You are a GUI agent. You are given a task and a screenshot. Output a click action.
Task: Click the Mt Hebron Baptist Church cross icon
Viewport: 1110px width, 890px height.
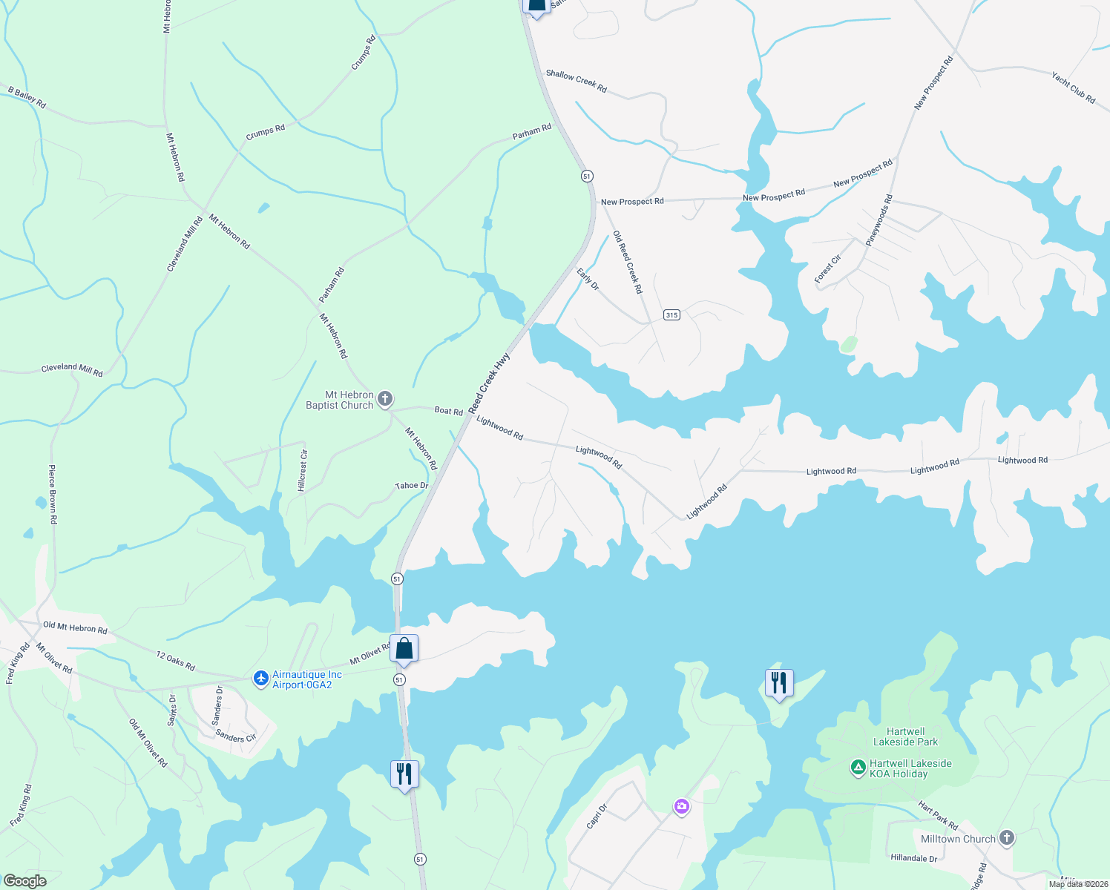click(x=384, y=400)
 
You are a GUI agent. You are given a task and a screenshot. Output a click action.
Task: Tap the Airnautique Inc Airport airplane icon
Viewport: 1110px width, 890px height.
click(x=260, y=679)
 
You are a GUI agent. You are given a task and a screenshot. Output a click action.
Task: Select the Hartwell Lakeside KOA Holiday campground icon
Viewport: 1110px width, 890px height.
click(x=858, y=768)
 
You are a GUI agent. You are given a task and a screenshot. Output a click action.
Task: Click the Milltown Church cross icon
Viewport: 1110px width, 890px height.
click(x=1006, y=838)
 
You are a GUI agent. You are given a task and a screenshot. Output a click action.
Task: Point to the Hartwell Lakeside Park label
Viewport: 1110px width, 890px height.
click(x=905, y=736)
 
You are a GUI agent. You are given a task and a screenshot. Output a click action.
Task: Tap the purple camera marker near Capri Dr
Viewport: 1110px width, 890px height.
click(x=682, y=806)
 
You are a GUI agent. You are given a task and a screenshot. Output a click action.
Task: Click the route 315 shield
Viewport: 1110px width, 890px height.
click(x=671, y=314)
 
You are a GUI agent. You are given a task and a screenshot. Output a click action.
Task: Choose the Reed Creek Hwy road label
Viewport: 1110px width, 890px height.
click(x=489, y=383)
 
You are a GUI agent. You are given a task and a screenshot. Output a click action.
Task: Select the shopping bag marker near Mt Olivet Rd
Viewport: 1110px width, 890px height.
click(x=404, y=649)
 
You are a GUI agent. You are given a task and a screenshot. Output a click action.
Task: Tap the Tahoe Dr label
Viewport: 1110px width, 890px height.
click(x=412, y=486)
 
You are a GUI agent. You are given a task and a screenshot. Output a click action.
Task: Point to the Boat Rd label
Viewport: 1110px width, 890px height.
click(x=448, y=410)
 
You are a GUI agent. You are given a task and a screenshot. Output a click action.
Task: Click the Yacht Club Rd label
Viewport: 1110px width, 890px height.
click(x=1073, y=88)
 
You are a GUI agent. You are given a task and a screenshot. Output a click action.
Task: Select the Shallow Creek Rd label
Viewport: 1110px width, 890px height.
click(x=576, y=81)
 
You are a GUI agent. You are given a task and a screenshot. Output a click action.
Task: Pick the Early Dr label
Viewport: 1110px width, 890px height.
click(x=588, y=280)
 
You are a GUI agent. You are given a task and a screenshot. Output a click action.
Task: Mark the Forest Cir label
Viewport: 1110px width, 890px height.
click(x=827, y=268)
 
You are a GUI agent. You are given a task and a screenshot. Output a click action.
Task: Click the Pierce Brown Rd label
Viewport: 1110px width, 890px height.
click(x=53, y=495)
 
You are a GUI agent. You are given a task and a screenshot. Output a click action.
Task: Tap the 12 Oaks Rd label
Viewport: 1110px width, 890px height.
click(x=176, y=660)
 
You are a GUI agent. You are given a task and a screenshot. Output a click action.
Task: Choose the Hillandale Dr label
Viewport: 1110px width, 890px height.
click(x=913, y=858)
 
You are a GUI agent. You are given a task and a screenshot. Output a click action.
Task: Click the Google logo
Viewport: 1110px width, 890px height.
click(x=24, y=880)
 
